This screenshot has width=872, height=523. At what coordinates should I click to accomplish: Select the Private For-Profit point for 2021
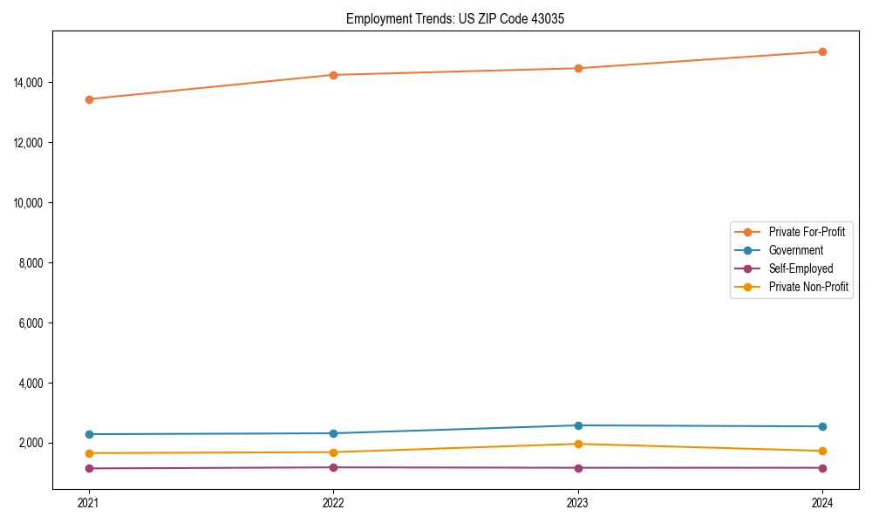(x=88, y=99)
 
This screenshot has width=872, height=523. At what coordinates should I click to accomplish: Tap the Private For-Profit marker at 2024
(x=822, y=51)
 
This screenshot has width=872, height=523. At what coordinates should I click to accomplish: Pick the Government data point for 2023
(x=577, y=425)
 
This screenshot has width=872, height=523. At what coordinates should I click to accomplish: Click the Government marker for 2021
(x=88, y=434)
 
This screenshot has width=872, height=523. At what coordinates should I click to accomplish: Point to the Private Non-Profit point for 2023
(x=577, y=444)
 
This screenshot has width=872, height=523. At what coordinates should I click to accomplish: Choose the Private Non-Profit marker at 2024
(x=822, y=451)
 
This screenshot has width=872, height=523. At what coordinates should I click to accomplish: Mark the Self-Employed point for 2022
(x=333, y=467)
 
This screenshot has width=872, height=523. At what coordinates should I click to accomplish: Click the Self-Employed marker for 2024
(x=822, y=468)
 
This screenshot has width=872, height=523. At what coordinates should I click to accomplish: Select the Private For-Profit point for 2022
(x=333, y=75)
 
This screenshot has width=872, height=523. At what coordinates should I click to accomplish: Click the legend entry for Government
(x=795, y=250)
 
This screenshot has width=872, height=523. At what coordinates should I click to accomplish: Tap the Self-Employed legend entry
(x=800, y=268)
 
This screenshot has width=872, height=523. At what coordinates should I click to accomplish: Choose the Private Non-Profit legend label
(x=808, y=287)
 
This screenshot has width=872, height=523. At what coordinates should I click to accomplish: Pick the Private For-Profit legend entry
(x=807, y=232)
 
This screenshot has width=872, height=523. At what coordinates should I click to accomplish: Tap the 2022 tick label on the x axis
(x=333, y=502)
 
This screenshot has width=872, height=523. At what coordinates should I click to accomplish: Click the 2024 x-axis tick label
(x=822, y=502)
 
